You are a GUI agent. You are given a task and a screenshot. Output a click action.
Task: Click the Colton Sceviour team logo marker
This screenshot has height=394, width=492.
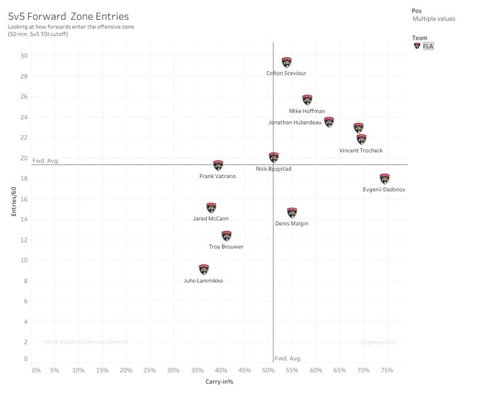pyautogui.click(x=287, y=62)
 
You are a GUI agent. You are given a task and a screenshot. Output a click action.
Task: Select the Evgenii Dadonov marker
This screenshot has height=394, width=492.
pyautogui.click(x=384, y=179)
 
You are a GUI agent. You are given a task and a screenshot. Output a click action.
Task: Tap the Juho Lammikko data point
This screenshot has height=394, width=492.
pyautogui.click(x=204, y=269)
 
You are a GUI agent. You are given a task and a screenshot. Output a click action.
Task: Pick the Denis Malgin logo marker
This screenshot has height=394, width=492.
pyautogui.click(x=292, y=213)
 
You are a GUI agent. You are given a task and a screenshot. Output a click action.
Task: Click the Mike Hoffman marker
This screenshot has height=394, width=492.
pyautogui.click(x=307, y=100)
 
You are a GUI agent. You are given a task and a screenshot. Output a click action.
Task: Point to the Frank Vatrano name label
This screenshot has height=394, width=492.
pyautogui.click(x=217, y=176)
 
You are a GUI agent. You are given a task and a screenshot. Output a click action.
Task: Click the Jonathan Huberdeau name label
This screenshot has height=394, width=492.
pyautogui.click(x=295, y=123)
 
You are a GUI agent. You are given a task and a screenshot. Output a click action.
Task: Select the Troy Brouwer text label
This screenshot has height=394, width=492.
pyautogui.click(x=226, y=247)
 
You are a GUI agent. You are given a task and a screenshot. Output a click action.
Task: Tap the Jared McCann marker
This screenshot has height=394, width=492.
pyautogui.click(x=211, y=208)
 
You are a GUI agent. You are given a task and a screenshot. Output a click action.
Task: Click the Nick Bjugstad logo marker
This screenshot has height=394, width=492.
pyautogui.click(x=274, y=158)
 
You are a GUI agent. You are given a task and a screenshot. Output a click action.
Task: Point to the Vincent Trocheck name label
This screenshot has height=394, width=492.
pyautogui.click(x=360, y=150)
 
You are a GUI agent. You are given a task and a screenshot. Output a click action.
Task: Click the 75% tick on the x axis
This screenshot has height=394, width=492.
pyautogui.click(x=387, y=371)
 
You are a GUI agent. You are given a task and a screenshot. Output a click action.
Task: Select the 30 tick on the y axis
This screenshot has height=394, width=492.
pyautogui.click(x=23, y=56)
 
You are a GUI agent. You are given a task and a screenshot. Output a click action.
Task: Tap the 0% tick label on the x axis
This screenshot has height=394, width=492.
pyautogui.click(x=37, y=371)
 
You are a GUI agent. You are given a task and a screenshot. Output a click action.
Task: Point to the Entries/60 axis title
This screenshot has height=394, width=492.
pyautogui.click(x=14, y=200)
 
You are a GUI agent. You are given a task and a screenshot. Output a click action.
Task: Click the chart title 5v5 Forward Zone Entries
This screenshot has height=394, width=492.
pyautogui.click(x=68, y=16)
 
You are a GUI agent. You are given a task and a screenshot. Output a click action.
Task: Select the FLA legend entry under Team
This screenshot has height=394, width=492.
pyautogui.click(x=428, y=46)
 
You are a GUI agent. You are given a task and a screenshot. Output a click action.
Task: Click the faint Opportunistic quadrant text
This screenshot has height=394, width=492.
pyautogui.click(x=378, y=342)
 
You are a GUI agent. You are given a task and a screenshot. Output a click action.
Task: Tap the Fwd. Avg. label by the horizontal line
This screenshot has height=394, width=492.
pyautogui.click(x=46, y=161)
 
